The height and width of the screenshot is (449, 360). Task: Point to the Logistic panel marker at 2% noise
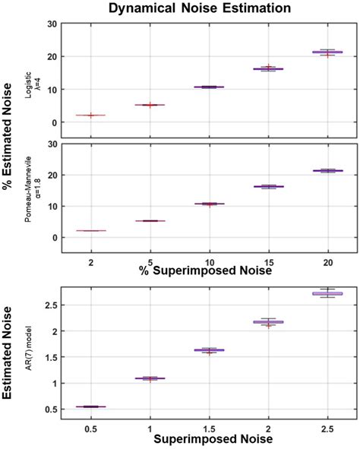(90, 115)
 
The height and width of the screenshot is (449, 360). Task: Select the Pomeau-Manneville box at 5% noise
(150, 220)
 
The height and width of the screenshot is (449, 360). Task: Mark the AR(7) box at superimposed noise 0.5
(90, 406)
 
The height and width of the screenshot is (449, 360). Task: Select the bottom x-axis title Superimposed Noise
(209, 440)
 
